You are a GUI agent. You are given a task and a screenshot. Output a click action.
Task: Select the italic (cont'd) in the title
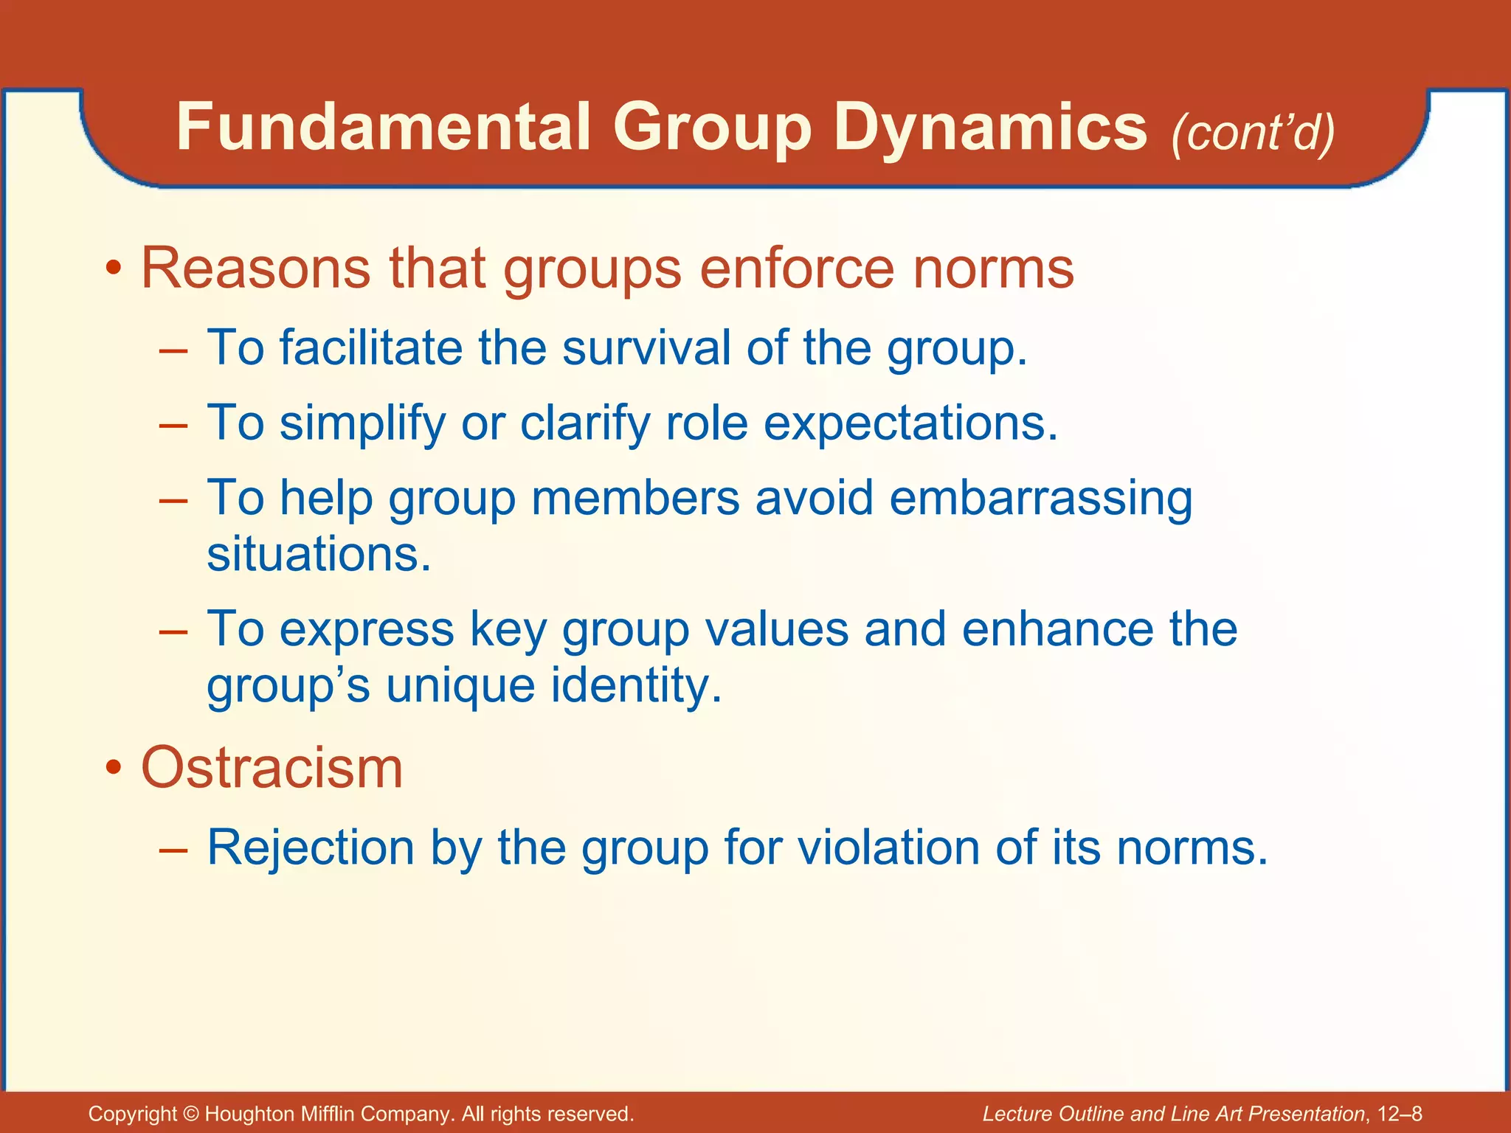coord(1253,133)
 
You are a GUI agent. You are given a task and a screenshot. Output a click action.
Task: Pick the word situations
coord(317,554)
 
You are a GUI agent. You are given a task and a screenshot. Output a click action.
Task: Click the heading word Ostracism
coord(272,768)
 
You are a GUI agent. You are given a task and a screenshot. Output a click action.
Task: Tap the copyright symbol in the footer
coord(191,1114)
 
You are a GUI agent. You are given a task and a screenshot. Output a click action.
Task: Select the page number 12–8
coord(1399,1114)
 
